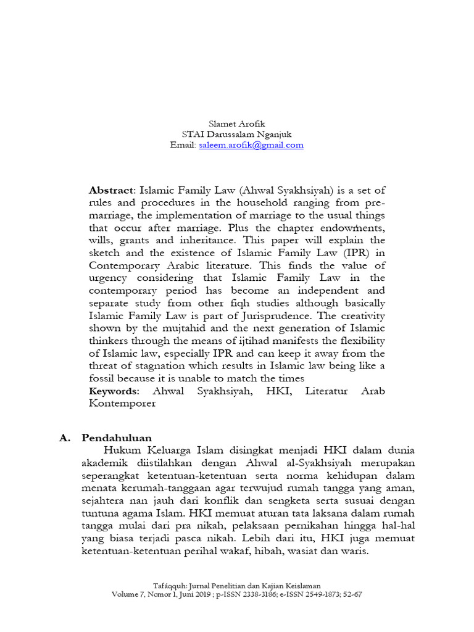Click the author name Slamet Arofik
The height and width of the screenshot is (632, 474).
coord(237,123)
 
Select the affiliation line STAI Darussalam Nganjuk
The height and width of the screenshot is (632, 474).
coord(237,134)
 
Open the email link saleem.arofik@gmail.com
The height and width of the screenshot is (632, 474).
coord(251,145)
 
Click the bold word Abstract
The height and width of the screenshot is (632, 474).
coord(110,190)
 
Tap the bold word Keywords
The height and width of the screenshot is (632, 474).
coord(113,391)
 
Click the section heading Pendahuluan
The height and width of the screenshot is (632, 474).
coord(117,438)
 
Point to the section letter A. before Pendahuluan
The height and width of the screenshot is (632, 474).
coord(65,438)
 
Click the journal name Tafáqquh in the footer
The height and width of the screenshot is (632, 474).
coord(171,585)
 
